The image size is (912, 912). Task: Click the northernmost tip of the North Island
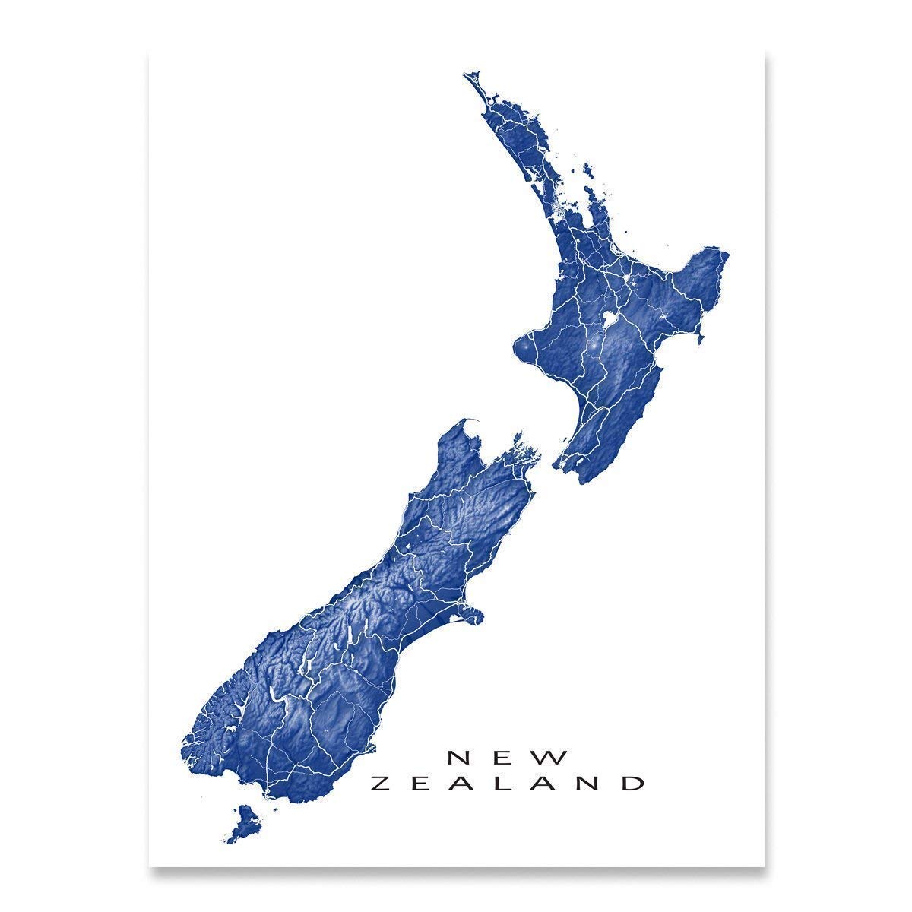[467, 75]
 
